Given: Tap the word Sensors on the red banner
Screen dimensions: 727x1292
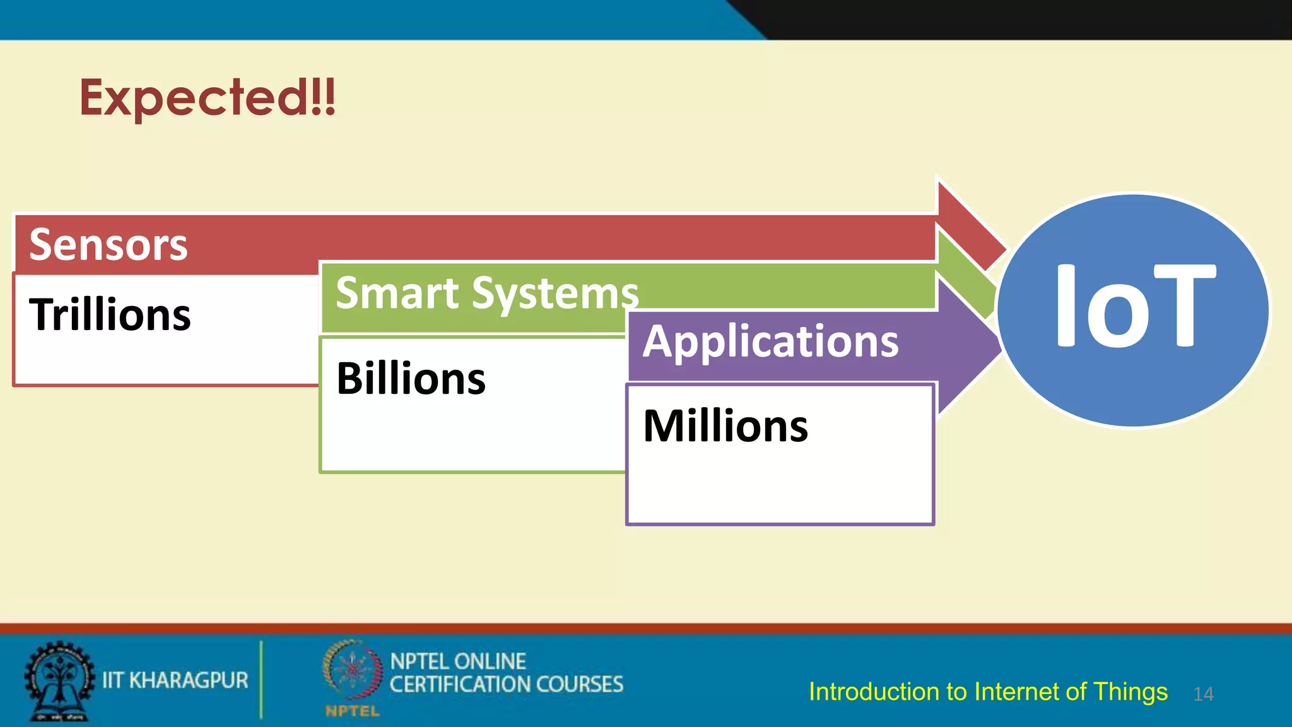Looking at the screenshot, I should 109,245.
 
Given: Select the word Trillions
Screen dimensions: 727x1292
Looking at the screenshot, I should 110,314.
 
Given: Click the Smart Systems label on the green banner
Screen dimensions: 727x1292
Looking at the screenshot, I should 487,293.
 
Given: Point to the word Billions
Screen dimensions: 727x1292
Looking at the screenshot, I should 411,379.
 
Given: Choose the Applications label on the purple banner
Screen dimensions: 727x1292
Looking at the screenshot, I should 770,341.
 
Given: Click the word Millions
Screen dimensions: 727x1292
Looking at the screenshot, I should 725,426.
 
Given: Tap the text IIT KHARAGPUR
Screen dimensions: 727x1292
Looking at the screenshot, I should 175,680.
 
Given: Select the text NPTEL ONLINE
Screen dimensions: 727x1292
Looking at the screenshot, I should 457,661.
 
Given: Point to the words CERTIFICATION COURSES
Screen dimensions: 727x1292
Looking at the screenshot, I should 506,685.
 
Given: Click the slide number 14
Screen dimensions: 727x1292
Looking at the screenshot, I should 1203,694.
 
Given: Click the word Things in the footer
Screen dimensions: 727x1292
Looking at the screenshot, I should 1130,692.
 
